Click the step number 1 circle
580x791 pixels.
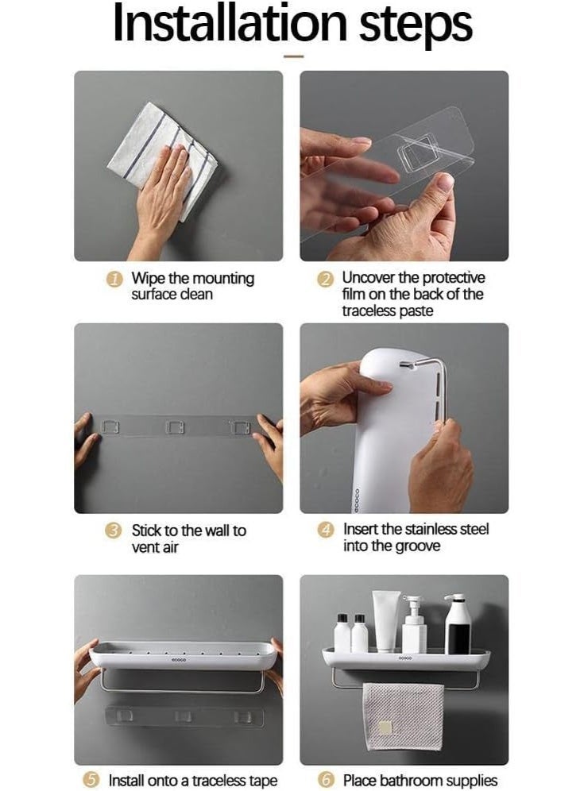click(114, 279)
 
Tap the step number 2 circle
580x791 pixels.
click(326, 279)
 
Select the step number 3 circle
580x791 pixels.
click(113, 531)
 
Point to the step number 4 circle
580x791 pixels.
click(326, 530)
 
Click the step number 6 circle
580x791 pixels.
click(326, 780)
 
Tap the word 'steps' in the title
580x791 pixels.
click(416, 26)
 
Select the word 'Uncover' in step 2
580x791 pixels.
click(369, 277)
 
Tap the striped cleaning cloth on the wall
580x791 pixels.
click(163, 160)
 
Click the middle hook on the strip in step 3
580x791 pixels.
click(175, 426)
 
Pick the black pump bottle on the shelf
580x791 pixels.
click(458, 624)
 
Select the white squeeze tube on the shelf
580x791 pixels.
click(387, 620)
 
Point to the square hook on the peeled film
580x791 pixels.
click(418, 153)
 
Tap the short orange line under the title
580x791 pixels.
click(293, 56)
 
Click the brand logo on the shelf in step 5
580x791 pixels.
click(179, 660)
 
